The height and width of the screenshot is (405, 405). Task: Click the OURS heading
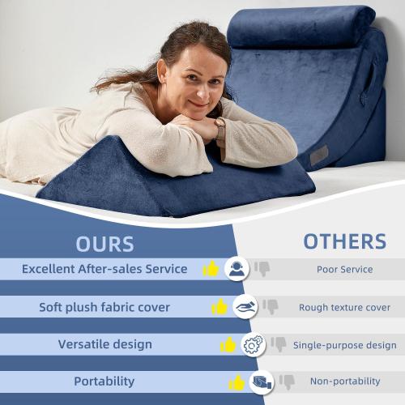coord(104,243)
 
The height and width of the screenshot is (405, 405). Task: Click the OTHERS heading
coord(345,241)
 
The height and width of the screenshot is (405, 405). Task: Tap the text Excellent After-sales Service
coord(104,269)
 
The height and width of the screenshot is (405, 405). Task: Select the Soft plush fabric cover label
coord(104,307)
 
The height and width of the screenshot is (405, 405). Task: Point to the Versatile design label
coord(104,344)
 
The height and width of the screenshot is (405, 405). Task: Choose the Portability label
coord(104,381)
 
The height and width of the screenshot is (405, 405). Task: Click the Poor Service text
coord(345,270)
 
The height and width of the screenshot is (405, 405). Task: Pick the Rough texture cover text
coord(345,308)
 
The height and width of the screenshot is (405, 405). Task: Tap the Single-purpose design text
coord(345,345)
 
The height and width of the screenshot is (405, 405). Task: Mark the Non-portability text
coord(345,381)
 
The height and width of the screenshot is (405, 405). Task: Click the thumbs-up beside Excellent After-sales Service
coord(211,269)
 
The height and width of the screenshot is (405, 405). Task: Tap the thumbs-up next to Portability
coord(237,382)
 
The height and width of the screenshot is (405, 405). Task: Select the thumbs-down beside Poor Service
coord(262,268)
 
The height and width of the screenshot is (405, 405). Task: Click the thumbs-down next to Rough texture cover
coord(271,306)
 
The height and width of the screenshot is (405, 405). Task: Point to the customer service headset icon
coord(237,269)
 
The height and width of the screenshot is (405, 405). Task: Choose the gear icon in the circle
coord(253,344)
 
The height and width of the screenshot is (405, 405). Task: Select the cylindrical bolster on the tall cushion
coord(300,26)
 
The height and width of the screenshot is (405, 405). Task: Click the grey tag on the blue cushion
coord(320,154)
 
